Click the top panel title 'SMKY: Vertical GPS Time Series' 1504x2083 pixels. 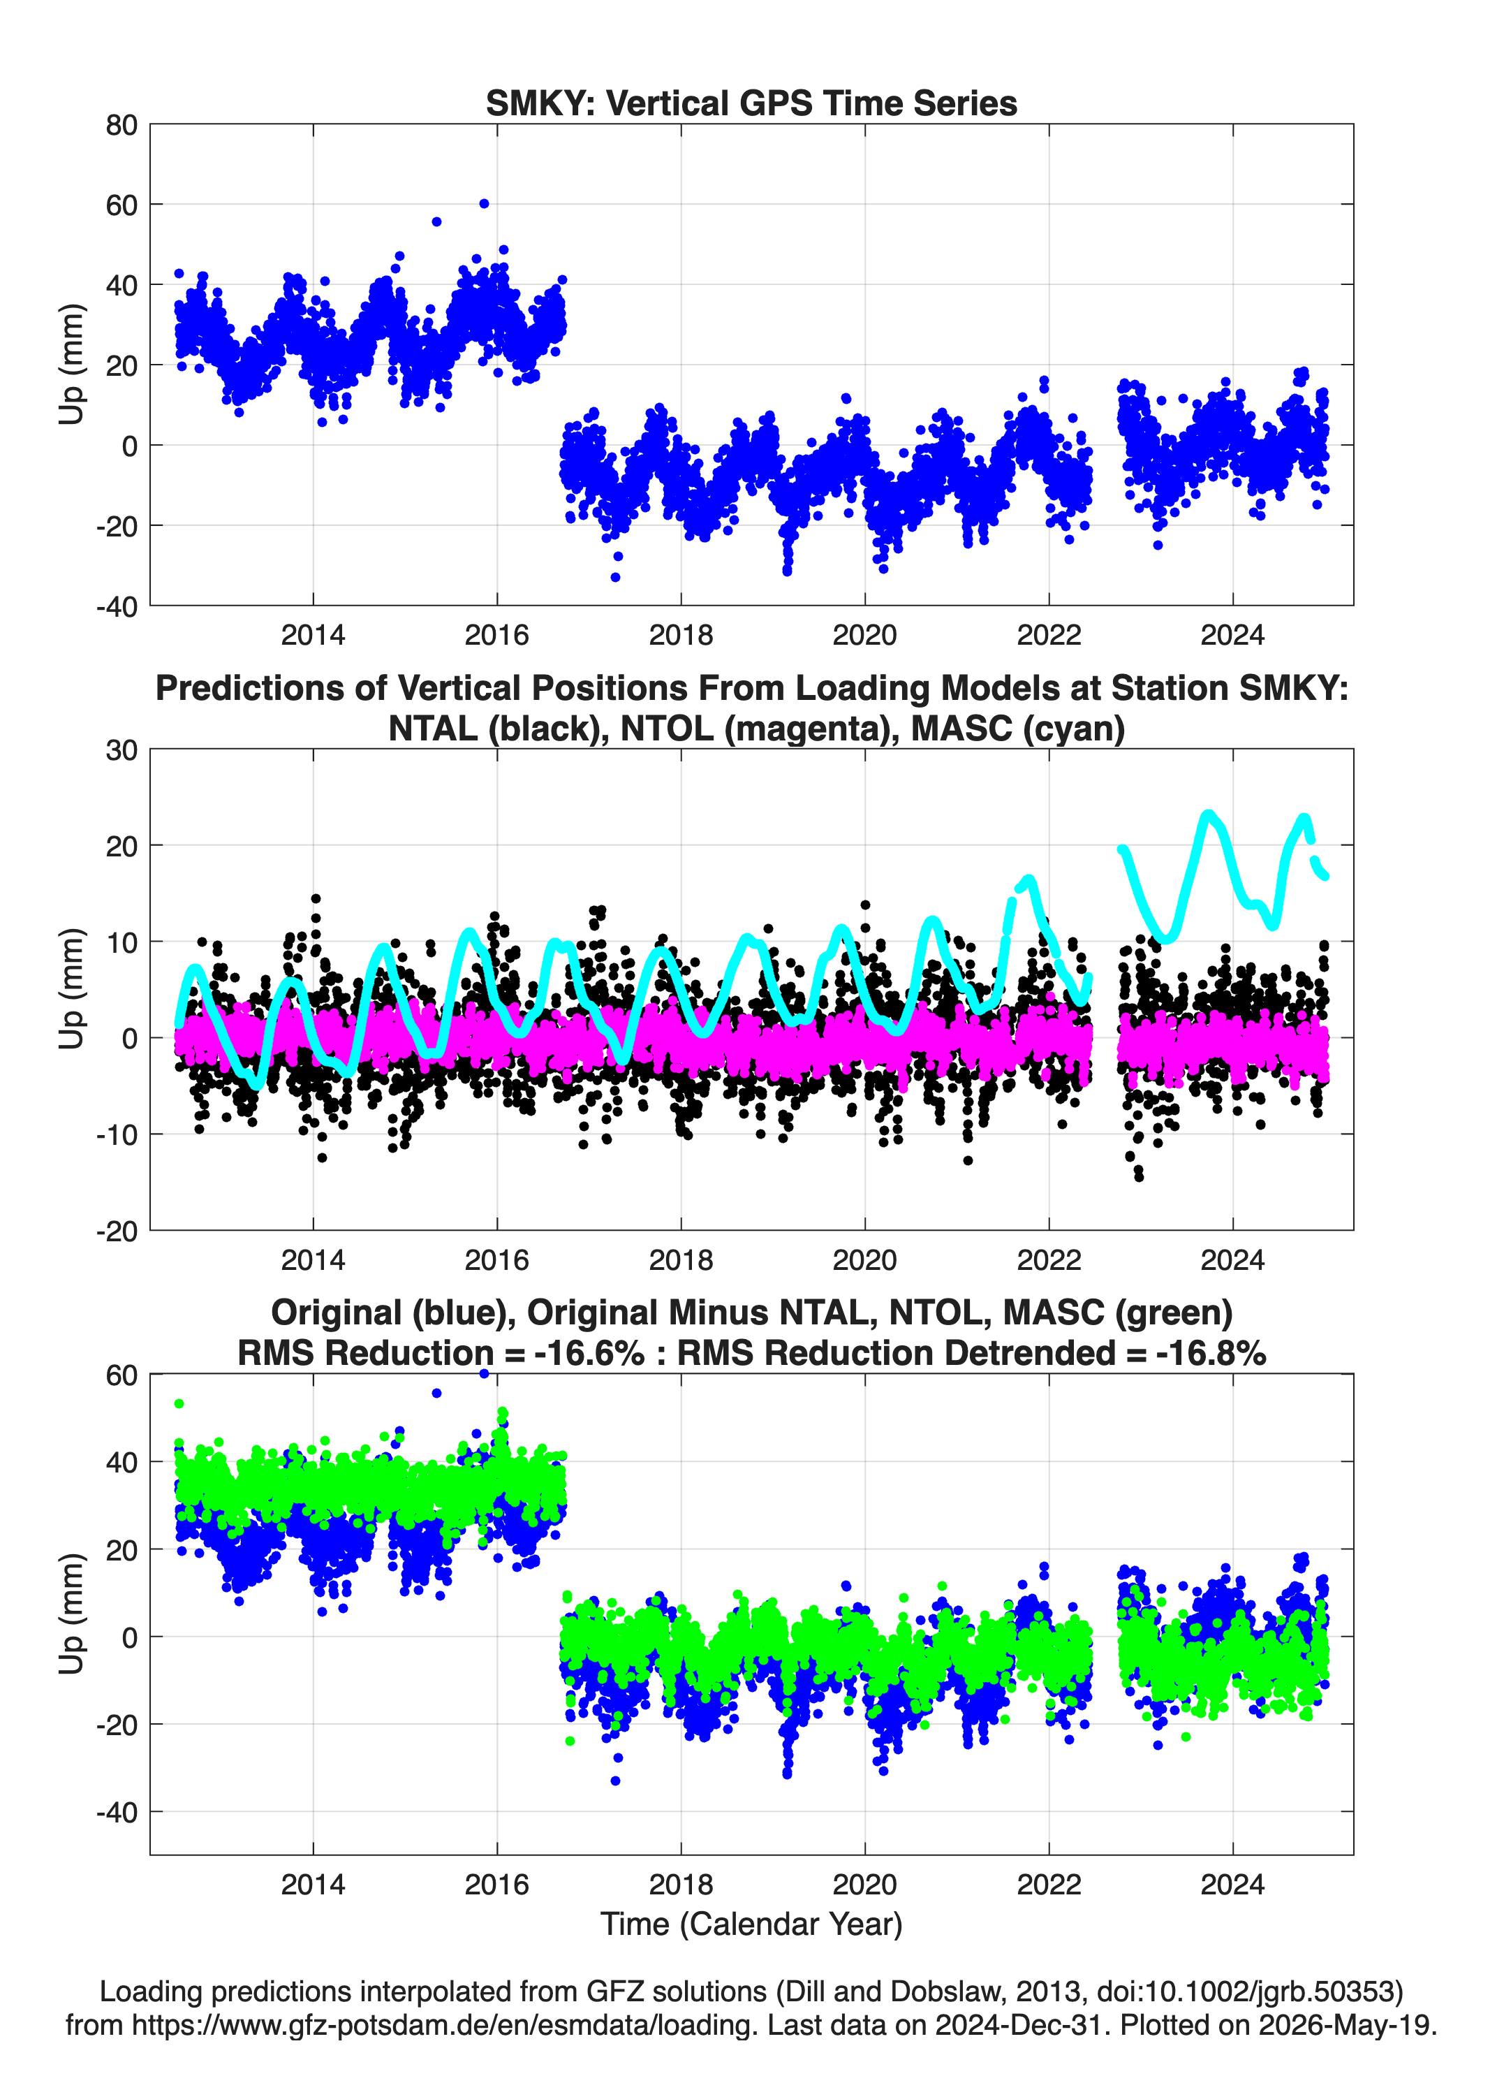[x=751, y=103]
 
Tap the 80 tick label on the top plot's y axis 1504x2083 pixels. [x=121, y=125]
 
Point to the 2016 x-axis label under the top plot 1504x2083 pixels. [x=496, y=635]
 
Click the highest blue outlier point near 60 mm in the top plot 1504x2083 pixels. [x=484, y=204]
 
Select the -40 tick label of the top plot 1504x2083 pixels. [x=117, y=606]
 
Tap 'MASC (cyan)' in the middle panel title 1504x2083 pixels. [x=1017, y=729]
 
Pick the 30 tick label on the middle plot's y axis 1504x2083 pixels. [x=121, y=750]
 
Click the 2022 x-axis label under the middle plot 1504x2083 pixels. [x=1049, y=1259]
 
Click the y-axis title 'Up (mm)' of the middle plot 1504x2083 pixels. [x=72, y=989]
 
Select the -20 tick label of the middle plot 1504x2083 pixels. [x=117, y=1231]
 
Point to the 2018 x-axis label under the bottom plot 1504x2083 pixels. [x=681, y=1884]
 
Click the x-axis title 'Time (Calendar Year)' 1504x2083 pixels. [x=751, y=1923]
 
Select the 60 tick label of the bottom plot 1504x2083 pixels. [x=121, y=1375]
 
